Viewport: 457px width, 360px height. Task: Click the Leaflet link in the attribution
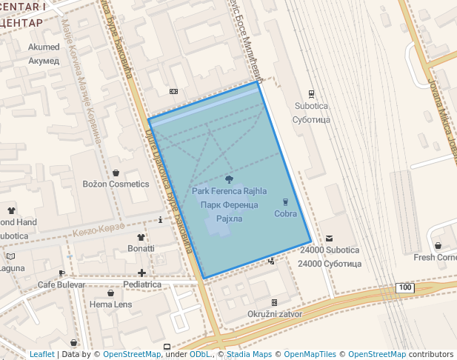(41, 354)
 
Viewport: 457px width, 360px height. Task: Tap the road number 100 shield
(404, 287)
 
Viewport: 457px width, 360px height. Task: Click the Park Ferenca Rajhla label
(229, 191)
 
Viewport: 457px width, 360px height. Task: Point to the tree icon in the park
(229, 179)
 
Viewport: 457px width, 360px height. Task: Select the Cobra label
(285, 214)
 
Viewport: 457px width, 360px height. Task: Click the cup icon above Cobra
(285, 201)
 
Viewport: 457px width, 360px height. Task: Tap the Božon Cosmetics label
(116, 184)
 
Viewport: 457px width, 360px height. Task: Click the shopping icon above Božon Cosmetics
(116, 173)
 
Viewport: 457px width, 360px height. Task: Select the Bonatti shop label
(141, 249)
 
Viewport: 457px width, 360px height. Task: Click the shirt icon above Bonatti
(141, 237)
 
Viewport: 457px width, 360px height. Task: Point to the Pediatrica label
(142, 284)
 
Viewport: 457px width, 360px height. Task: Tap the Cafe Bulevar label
(61, 284)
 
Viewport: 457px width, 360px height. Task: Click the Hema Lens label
(110, 304)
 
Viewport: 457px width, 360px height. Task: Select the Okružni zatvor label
(274, 314)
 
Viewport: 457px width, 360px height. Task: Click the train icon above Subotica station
(310, 94)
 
